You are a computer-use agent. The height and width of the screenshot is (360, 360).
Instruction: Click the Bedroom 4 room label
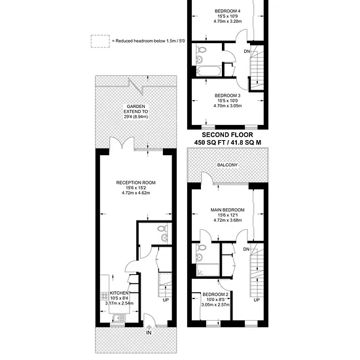point(228,11)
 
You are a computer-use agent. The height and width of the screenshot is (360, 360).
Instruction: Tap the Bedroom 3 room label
point(228,96)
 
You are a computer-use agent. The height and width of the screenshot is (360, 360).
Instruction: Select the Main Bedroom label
point(228,210)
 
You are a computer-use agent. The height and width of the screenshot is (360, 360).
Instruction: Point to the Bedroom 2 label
point(215,295)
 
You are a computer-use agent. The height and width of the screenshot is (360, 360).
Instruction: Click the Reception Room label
point(136,183)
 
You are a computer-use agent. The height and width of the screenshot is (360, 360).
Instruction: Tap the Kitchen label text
point(119,293)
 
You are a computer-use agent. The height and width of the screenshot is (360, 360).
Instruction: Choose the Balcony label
point(227,165)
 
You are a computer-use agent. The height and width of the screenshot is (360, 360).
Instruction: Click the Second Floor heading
point(228,135)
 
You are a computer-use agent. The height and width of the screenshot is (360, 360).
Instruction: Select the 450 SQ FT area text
point(208,143)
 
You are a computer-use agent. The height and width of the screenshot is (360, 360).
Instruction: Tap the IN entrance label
point(149,333)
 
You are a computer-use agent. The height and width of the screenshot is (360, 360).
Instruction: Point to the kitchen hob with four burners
point(105,296)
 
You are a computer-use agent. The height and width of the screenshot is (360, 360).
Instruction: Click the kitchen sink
point(119,319)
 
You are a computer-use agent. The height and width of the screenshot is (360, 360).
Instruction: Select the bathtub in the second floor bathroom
point(209,71)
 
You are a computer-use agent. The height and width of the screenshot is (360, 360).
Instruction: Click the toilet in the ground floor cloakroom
point(162,228)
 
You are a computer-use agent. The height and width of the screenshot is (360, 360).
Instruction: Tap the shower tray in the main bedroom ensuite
point(208,270)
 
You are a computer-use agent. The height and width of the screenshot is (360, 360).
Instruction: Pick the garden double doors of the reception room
point(122,143)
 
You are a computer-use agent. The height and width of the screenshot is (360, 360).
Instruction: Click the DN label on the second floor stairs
point(247,52)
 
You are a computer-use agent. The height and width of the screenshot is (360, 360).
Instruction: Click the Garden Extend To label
point(136,111)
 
